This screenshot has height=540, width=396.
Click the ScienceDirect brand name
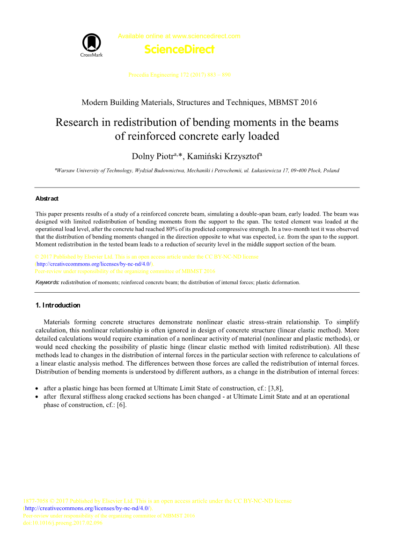(x=179, y=49)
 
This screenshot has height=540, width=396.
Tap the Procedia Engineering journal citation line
(x=179, y=75)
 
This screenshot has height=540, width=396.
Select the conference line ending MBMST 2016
(x=199, y=102)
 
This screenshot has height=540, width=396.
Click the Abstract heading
(x=47, y=199)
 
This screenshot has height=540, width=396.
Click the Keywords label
(x=47, y=282)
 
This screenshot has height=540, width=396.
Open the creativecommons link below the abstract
(x=94, y=264)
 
